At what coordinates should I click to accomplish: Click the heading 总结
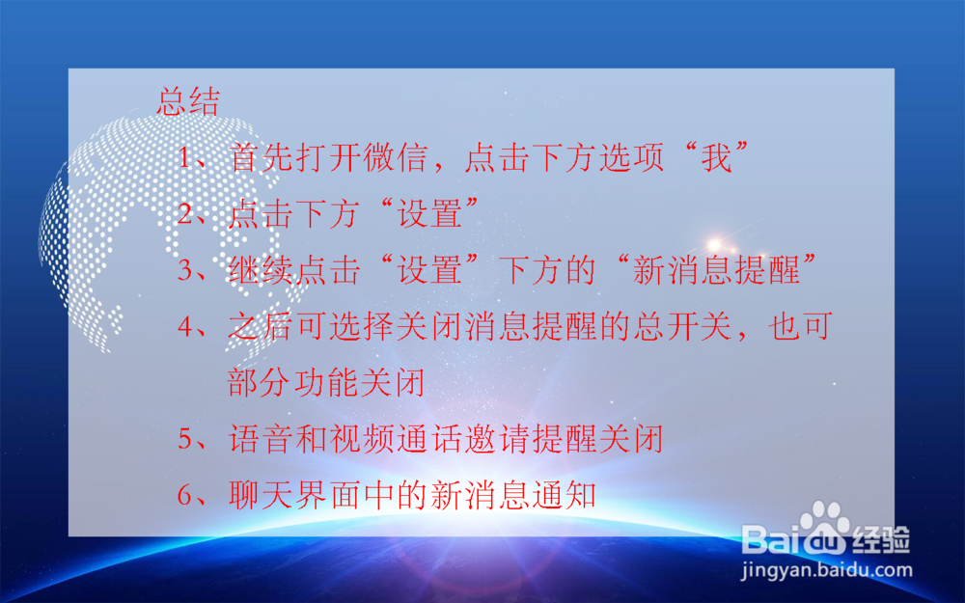pyautogui.click(x=188, y=102)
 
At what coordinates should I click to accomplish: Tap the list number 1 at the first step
pyautogui.click(x=185, y=157)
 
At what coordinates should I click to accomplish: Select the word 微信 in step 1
pyautogui.click(x=405, y=157)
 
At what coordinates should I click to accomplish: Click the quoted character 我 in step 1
pyautogui.click(x=716, y=157)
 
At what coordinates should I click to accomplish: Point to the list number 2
pyautogui.click(x=185, y=214)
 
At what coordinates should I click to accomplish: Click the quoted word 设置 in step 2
pyautogui.click(x=428, y=214)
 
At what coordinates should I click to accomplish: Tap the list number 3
pyautogui.click(x=185, y=271)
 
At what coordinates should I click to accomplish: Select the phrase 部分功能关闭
pyautogui.click(x=326, y=384)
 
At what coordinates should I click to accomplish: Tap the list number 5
pyautogui.click(x=185, y=441)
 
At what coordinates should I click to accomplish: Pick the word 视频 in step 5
pyautogui.click(x=396, y=441)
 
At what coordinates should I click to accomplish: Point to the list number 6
pyautogui.click(x=185, y=497)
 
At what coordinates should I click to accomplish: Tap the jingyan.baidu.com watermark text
pyautogui.click(x=826, y=570)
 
